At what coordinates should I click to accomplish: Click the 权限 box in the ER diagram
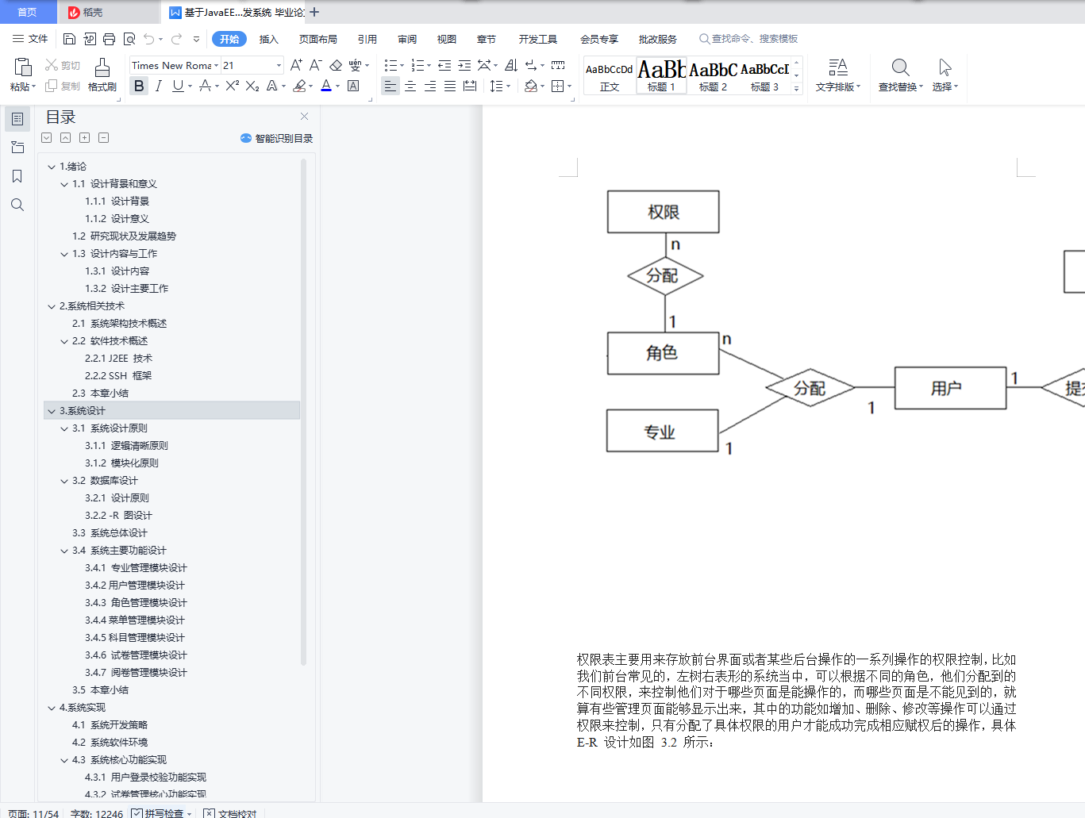[x=663, y=212]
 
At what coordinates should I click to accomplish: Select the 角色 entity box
[x=663, y=353]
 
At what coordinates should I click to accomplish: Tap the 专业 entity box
[x=662, y=431]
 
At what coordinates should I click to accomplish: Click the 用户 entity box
[x=949, y=388]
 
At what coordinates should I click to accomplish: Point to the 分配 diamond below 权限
[x=664, y=276]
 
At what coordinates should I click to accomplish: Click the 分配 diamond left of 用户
[x=810, y=388]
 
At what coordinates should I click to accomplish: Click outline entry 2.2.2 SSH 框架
[x=118, y=376]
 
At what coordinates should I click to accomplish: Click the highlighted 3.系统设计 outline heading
[x=83, y=411]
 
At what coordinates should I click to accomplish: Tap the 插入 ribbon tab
[x=269, y=39]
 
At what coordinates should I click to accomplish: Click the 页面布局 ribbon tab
[x=317, y=39]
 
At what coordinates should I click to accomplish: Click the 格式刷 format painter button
[x=102, y=75]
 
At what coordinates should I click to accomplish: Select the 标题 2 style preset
[x=713, y=76]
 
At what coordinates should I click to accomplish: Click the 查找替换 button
[x=900, y=75]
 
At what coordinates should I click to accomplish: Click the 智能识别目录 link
[x=278, y=139]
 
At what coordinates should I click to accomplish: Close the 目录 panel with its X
[x=304, y=117]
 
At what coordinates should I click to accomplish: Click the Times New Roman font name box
[x=171, y=66]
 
